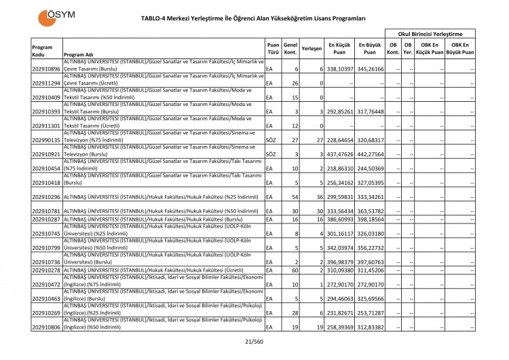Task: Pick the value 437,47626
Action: coord(339,154)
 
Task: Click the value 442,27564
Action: coord(370,154)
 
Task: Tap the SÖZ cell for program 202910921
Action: coord(270,154)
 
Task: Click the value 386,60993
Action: coord(339,219)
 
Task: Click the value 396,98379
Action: coord(339,262)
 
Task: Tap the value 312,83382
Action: coord(370,327)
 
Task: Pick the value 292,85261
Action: coord(339,112)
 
